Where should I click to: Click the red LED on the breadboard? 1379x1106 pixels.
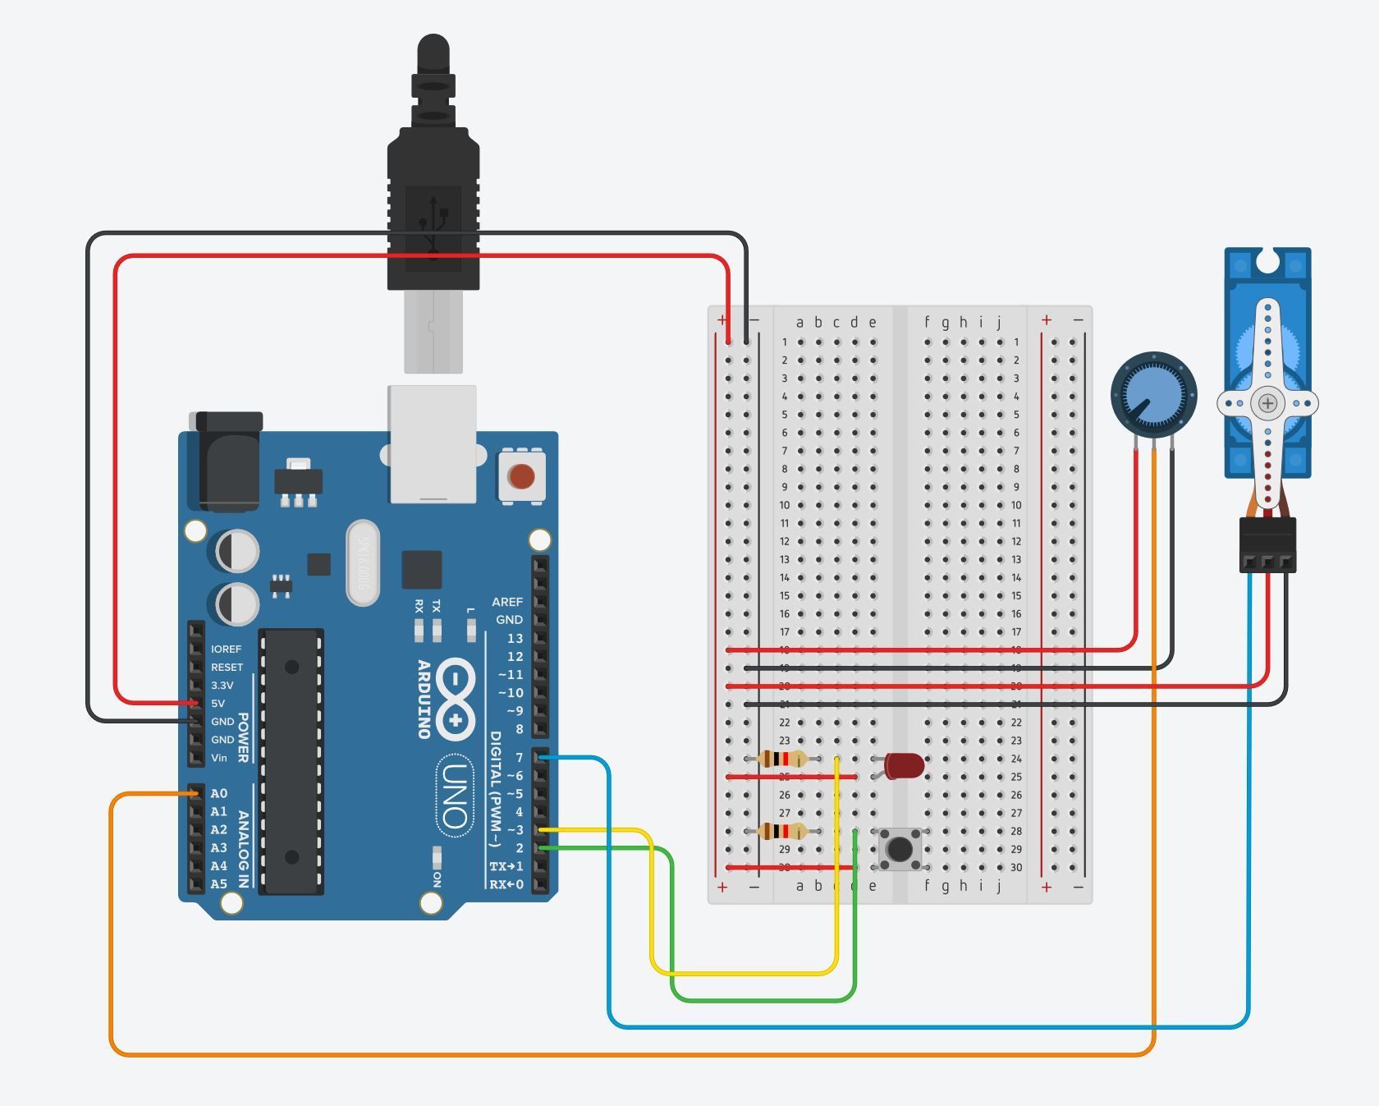[x=904, y=766]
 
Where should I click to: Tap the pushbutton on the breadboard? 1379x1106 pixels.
[x=900, y=848]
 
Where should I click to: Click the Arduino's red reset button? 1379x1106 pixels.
[x=521, y=476]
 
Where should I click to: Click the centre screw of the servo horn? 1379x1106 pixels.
[x=1268, y=403]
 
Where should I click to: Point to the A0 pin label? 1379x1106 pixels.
[x=218, y=794]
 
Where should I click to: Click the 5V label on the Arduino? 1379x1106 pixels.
[x=218, y=704]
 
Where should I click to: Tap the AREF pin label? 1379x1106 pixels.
[x=507, y=602]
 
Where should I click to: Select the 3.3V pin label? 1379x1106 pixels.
[x=222, y=686]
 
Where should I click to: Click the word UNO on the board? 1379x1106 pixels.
[x=455, y=795]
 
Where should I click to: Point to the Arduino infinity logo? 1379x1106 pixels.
[x=456, y=699]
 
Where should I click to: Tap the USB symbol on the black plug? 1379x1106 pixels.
[x=433, y=222]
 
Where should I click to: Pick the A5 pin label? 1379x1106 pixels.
[x=218, y=884]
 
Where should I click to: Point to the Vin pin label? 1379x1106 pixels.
[x=218, y=758]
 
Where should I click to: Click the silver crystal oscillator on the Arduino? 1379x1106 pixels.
[x=362, y=562]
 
